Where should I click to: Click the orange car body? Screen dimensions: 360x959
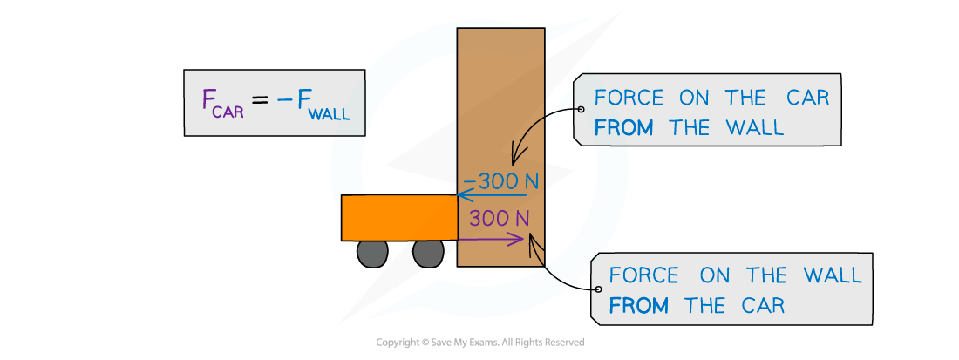(x=398, y=217)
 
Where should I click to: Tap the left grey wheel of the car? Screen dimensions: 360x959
(x=372, y=253)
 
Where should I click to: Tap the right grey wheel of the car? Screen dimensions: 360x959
(x=428, y=253)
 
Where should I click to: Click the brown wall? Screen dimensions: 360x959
(x=500, y=105)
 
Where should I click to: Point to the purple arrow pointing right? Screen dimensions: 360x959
(x=493, y=236)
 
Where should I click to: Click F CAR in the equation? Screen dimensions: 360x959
(x=222, y=103)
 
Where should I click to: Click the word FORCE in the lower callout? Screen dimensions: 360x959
(x=643, y=275)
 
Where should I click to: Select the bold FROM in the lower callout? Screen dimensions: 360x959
(x=639, y=306)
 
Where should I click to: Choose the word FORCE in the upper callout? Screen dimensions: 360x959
(x=629, y=98)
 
